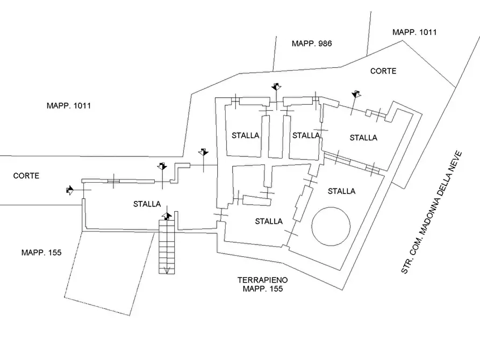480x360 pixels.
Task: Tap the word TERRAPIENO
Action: tap(263, 280)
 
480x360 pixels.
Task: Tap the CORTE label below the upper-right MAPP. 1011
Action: tap(383, 71)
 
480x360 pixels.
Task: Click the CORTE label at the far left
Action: tap(26, 176)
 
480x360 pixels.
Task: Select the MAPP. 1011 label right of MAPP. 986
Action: tap(414, 32)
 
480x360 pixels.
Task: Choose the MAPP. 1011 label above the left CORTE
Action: tap(69, 106)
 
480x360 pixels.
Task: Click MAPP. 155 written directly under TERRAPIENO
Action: tap(263, 289)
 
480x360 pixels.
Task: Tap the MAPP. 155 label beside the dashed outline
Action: tap(41, 252)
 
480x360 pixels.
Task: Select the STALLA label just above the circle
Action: tap(341, 191)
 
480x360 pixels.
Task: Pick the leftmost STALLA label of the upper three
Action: tap(246, 135)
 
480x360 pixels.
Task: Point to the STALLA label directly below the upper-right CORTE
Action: tap(363, 138)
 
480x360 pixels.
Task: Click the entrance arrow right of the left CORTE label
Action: tap(70, 190)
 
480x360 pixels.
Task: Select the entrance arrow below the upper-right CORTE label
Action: tap(355, 95)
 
